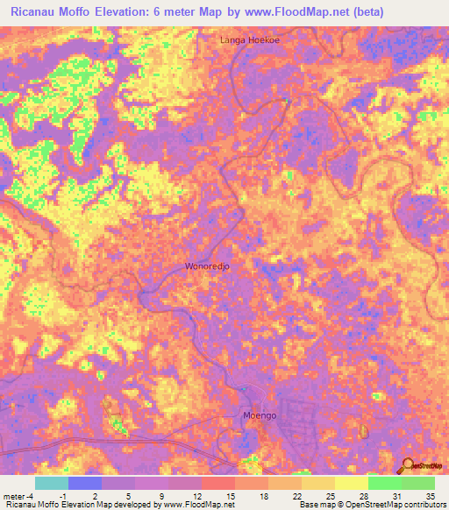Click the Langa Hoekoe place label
[249, 40]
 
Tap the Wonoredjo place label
[209, 266]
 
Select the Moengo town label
[259, 415]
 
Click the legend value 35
[430, 496]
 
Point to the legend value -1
[64, 496]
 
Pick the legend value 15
[230, 496]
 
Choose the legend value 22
[296, 496]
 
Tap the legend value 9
[163, 496]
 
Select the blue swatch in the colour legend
[85, 483]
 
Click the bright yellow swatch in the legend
[351, 483]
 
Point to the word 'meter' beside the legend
[15, 496]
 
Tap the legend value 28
[363, 496]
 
